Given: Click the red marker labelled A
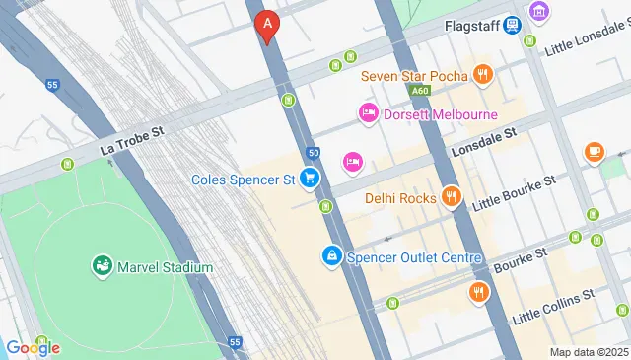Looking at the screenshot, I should [x=265, y=25].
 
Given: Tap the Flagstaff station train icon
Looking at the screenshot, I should [x=512, y=25].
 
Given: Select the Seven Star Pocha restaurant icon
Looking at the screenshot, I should [x=482, y=73].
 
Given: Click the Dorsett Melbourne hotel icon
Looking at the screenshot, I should [x=368, y=114].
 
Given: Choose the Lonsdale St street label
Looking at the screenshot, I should [x=484, y=143].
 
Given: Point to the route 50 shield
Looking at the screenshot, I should [x=313, y=153].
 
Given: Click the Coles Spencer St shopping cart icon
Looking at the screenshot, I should [x=311, y=179].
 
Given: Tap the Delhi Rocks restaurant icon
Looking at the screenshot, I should [x=451, y=197].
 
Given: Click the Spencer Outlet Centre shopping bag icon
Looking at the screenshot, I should [x=332, y=257].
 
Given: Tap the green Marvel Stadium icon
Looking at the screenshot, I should [x=102, y=265].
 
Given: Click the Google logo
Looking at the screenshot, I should [x=33, y=347].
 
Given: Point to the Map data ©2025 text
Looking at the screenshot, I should [x=587, y=352].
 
